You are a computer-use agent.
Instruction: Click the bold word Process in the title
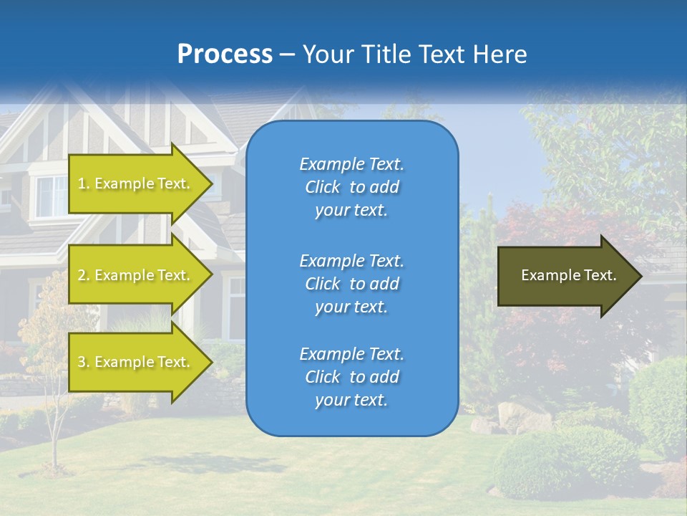225,54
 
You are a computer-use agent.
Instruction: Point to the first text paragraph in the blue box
351,187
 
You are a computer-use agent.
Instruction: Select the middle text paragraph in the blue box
351,283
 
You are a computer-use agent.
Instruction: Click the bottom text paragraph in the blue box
351,377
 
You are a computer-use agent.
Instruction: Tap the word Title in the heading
387,54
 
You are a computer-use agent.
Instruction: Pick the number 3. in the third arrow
84,363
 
